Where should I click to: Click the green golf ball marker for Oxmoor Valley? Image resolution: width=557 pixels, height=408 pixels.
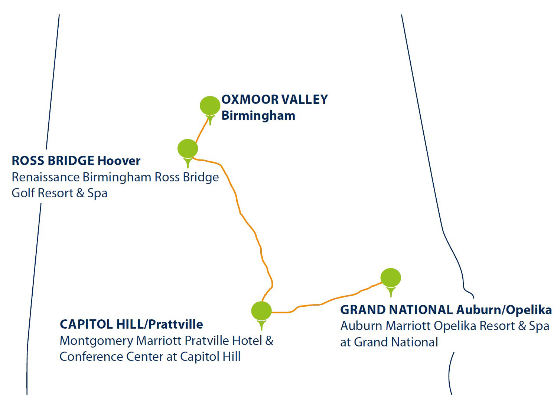210,106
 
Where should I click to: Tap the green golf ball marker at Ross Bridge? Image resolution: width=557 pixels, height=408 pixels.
188,149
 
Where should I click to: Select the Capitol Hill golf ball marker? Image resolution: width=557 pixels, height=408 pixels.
261,311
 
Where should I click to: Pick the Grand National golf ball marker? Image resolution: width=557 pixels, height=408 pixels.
391,277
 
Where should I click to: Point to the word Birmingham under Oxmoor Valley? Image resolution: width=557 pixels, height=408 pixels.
258,116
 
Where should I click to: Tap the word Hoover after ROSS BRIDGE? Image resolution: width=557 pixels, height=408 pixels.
119,161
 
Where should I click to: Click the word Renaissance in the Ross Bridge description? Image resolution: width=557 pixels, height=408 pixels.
46,177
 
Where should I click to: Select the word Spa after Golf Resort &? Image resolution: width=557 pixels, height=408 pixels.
97,193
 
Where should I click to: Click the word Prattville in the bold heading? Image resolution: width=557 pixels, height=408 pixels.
176,325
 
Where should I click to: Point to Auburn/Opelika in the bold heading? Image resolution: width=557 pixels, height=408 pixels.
504,310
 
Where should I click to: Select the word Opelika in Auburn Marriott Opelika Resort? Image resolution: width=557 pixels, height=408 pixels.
456,326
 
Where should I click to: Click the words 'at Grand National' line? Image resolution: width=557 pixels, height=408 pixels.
389,342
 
